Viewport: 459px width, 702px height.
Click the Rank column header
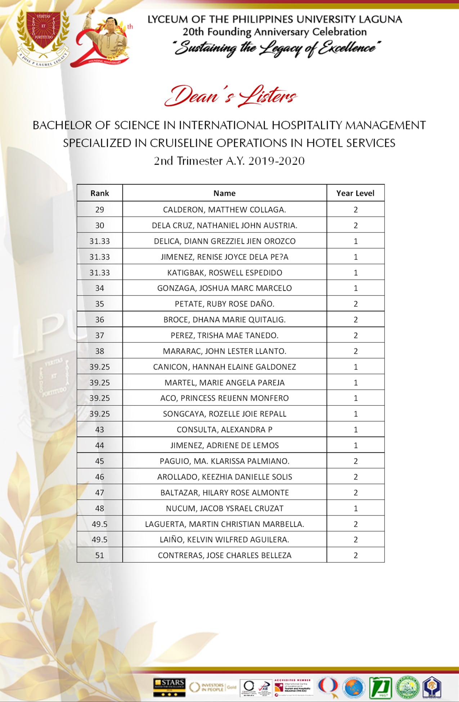point(99,193)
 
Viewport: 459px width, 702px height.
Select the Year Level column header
point(355,193)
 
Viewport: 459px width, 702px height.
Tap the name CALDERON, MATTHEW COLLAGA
point(224,210)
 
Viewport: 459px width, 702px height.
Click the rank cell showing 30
point(99,225)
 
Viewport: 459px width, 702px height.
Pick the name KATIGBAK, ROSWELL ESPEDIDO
point(224,273)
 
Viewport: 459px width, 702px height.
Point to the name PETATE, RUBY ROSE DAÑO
point(224,304)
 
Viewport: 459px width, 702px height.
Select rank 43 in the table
point(99,429)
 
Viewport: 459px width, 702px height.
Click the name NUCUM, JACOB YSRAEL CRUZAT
point(224,508)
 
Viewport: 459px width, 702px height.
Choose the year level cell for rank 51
point(355,555)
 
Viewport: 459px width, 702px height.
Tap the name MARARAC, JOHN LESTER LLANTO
point(224,351)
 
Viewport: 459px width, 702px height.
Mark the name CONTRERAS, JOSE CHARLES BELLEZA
point(224,555)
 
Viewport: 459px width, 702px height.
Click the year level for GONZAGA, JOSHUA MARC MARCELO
point(355,288)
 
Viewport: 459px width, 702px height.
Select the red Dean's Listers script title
point(230,96)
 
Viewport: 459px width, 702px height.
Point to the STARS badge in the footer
point(169,687)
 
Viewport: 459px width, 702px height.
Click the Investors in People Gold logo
point(212,687)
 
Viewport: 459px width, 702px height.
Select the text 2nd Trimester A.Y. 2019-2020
point(229,161)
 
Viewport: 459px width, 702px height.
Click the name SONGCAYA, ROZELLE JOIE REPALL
point(224,414)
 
